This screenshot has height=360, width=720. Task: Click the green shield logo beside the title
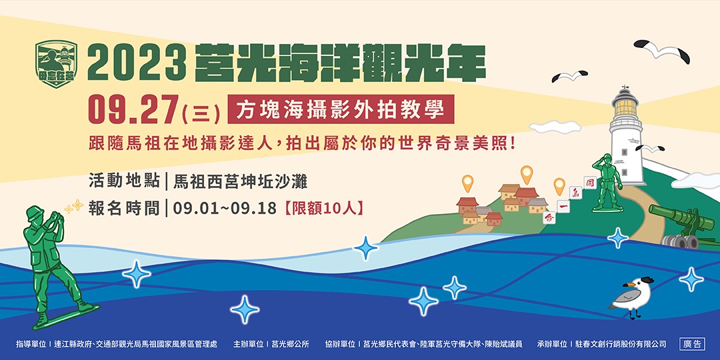(x=56, y=61)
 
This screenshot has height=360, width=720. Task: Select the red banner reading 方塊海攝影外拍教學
(x=341, y=109)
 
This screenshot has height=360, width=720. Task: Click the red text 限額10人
(x=323, y=207)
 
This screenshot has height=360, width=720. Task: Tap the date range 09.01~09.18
(x=225, y=207)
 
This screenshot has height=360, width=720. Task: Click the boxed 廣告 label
(x=692, y=344)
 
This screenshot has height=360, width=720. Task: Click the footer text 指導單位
(x=31, y=344)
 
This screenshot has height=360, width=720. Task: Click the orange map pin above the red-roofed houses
(x=527, y=175)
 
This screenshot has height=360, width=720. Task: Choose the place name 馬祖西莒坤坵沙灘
(x=240, y=180)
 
